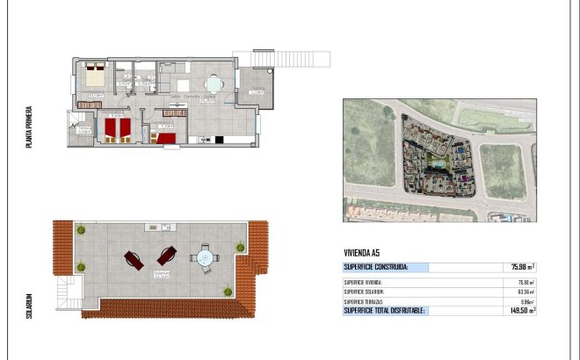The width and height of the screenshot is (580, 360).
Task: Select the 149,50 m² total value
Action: coord(523,310)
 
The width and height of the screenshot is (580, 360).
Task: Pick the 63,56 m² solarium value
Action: coord(525,292)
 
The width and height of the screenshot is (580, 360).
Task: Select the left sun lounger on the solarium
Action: coord(134,259)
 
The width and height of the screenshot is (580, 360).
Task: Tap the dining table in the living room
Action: coord(214,85)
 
